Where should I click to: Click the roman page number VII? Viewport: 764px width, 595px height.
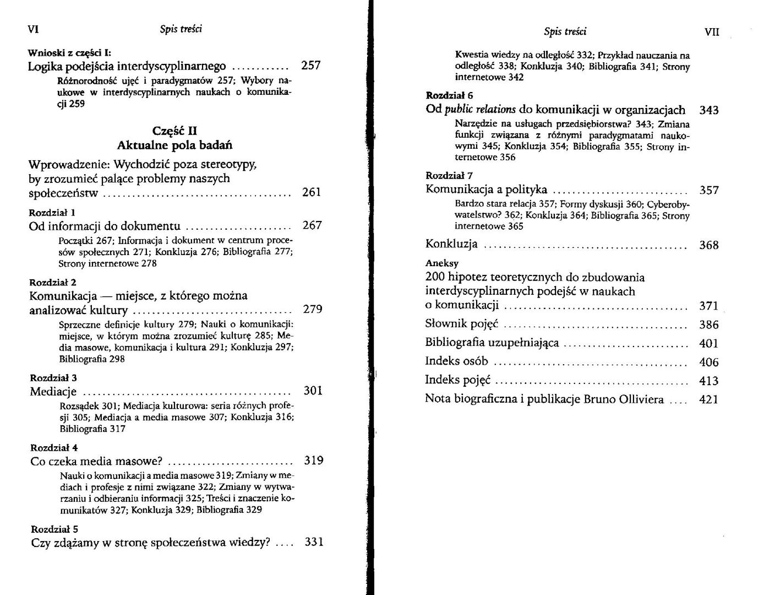click(712, 32)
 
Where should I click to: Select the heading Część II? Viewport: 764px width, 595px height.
click(174, 131)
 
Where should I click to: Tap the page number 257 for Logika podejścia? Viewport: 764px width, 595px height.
click(310, 66)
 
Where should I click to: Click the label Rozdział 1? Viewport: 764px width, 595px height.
click(52, 212)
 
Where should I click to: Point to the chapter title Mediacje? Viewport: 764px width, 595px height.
click(53, 392)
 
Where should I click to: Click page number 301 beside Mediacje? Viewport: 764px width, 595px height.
click(313, 391)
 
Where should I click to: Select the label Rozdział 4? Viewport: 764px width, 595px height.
click(54, 447)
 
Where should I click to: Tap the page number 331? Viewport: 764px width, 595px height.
click(313, 542)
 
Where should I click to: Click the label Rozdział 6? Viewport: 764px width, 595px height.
click(449, 95)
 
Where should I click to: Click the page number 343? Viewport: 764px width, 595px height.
click(709, 110)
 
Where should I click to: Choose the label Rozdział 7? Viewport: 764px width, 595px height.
click(449, 176)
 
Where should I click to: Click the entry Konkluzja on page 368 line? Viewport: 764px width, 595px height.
click(451, 244)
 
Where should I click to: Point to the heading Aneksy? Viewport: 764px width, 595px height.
click(442, 263)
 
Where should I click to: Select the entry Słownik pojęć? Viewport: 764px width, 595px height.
click(461, 324)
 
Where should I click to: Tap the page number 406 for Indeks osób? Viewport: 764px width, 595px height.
click(708, 362)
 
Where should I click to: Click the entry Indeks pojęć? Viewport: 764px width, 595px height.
click(457, 380)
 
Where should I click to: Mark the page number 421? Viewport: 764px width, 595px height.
click(708, 399)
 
